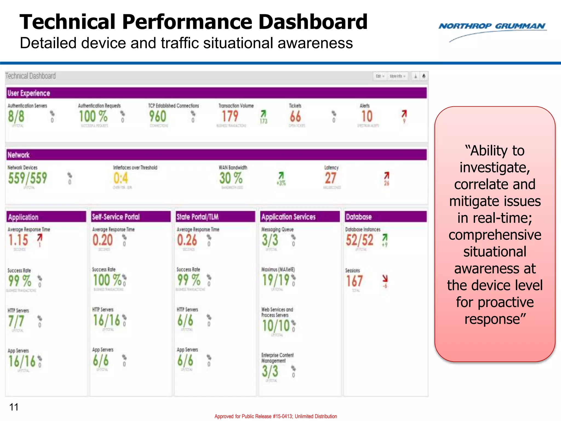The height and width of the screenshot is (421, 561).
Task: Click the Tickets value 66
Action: point(295,116)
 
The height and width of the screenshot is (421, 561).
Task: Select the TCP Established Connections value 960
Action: point(158,116)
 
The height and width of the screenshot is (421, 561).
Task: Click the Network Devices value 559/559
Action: point(27,178)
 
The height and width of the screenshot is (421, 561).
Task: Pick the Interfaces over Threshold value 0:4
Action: point(121,178)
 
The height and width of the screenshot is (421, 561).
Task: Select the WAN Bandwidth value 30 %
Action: point(231,178)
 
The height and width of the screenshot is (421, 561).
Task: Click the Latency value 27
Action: point(330,178)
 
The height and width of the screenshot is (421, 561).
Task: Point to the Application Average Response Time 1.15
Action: point(18,240)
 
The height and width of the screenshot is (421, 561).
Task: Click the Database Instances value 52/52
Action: point(359,240)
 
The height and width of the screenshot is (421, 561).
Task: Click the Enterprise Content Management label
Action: point(277,358)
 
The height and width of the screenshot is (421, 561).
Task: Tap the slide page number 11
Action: point(14,407)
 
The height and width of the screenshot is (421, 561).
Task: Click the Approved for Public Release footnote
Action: point(276,416)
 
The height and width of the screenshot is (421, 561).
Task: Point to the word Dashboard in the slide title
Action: point(313,22)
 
